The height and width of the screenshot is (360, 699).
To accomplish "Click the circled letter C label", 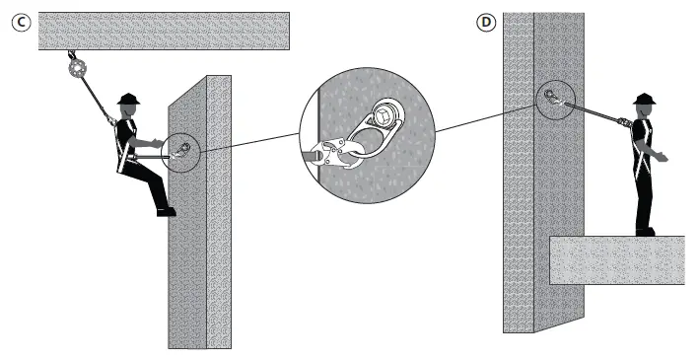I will [x=19, y=20].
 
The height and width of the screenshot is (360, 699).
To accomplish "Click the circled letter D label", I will [x=485, y=20].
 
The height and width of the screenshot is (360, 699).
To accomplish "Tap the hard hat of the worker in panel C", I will [x=127, y=100].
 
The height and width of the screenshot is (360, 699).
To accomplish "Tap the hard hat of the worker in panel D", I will [x=645, y=100].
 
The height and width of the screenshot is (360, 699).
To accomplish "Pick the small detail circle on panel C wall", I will [x=183, y=149].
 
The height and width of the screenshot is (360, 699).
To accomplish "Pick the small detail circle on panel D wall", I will [x=552, y=97].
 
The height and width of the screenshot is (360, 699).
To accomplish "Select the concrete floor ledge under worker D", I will [x=616, y=259].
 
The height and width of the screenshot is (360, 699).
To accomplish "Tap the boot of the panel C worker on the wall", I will [x=166, y=210].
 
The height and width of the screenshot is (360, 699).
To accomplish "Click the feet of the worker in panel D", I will [x=645, y=232].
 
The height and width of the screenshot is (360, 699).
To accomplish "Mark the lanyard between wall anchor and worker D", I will [x=592, y=109].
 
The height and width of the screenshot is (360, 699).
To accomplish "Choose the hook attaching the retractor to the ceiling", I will [x=69, y=53].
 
